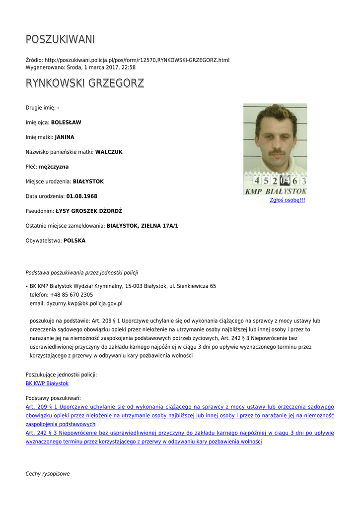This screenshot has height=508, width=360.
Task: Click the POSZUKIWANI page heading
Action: point(60,39)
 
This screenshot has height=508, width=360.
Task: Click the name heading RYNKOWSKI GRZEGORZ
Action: point(85,83)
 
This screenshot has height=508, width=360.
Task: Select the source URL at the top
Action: point(137,60)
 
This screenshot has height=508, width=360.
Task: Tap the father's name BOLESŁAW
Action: point(66,122)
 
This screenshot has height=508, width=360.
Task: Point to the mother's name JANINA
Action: point(65,137)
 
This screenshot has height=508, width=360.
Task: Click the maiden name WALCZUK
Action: point(109,152)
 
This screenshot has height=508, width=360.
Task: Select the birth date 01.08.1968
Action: point(81,196)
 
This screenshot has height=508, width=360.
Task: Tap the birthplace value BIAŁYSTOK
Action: point(88,182)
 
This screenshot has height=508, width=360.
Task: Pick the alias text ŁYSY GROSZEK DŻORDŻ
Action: point(89,211)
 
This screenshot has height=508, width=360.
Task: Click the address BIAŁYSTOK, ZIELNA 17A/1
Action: point(143,226)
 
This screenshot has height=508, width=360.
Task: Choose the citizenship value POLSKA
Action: point(74,241)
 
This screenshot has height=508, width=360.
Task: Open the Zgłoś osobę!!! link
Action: point(288,200)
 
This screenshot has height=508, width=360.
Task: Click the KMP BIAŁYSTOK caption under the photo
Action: point(276,191)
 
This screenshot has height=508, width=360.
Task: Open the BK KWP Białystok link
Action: point(47,383)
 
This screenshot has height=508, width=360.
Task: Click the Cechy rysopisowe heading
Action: point(48,474)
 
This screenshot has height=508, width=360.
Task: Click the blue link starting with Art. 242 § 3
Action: point(180,433)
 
